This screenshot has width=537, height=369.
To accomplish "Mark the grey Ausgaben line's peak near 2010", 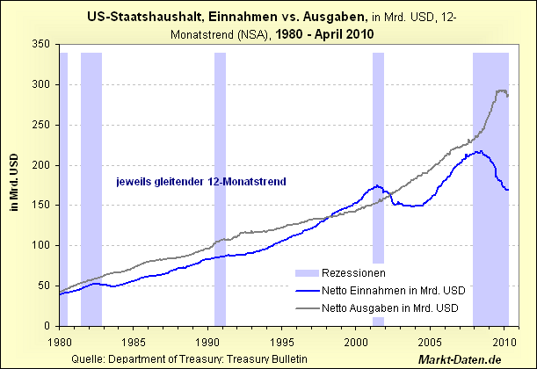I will point(501,90).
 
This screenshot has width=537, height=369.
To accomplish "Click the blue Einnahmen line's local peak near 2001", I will point(377,185).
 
